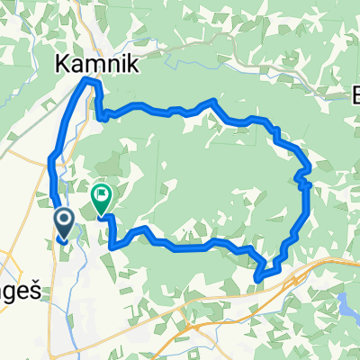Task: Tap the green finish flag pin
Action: (102, 196)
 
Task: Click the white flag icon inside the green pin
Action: (102, 193)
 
